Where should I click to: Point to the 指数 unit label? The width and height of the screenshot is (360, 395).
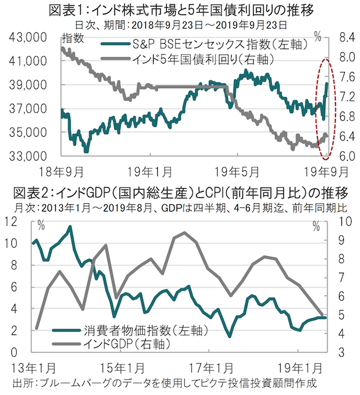pyautogui.click(x=73, y=38)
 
